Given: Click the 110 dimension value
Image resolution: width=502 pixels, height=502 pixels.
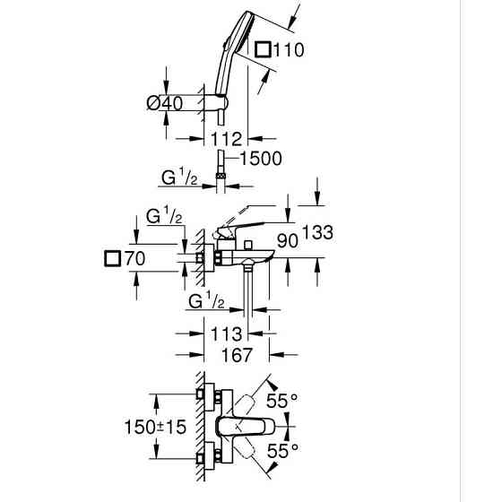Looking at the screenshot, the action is (289, 50).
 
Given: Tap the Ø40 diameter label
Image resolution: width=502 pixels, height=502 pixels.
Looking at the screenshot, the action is (165, 103).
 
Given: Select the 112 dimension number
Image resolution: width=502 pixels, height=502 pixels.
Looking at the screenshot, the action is (226, 139).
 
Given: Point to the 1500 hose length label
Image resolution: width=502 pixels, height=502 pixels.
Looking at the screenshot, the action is (261, 159).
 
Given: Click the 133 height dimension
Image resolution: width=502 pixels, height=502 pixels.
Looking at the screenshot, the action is (317, 232).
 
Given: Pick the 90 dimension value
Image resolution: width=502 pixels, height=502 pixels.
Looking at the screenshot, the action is (288, 241).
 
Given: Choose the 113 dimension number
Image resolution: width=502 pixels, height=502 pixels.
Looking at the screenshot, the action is (226, 333).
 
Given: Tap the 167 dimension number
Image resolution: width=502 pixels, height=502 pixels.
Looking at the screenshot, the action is (237, 355).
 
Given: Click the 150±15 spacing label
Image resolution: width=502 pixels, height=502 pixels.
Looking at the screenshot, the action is (155, 427).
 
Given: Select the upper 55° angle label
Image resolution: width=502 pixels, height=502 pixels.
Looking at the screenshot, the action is (282, 400).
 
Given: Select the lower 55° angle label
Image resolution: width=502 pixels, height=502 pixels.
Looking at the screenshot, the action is (282, 451).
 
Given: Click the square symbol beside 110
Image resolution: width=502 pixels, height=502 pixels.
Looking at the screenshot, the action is (264, 49).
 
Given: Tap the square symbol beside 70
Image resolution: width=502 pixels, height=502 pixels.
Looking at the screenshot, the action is (112, 258).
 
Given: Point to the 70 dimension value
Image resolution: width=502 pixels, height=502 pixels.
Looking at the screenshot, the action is (134, 258).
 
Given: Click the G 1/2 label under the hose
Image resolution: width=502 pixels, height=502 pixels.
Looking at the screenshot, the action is (179, 177).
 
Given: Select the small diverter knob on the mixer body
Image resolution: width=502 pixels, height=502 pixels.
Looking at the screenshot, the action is (248, 245).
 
